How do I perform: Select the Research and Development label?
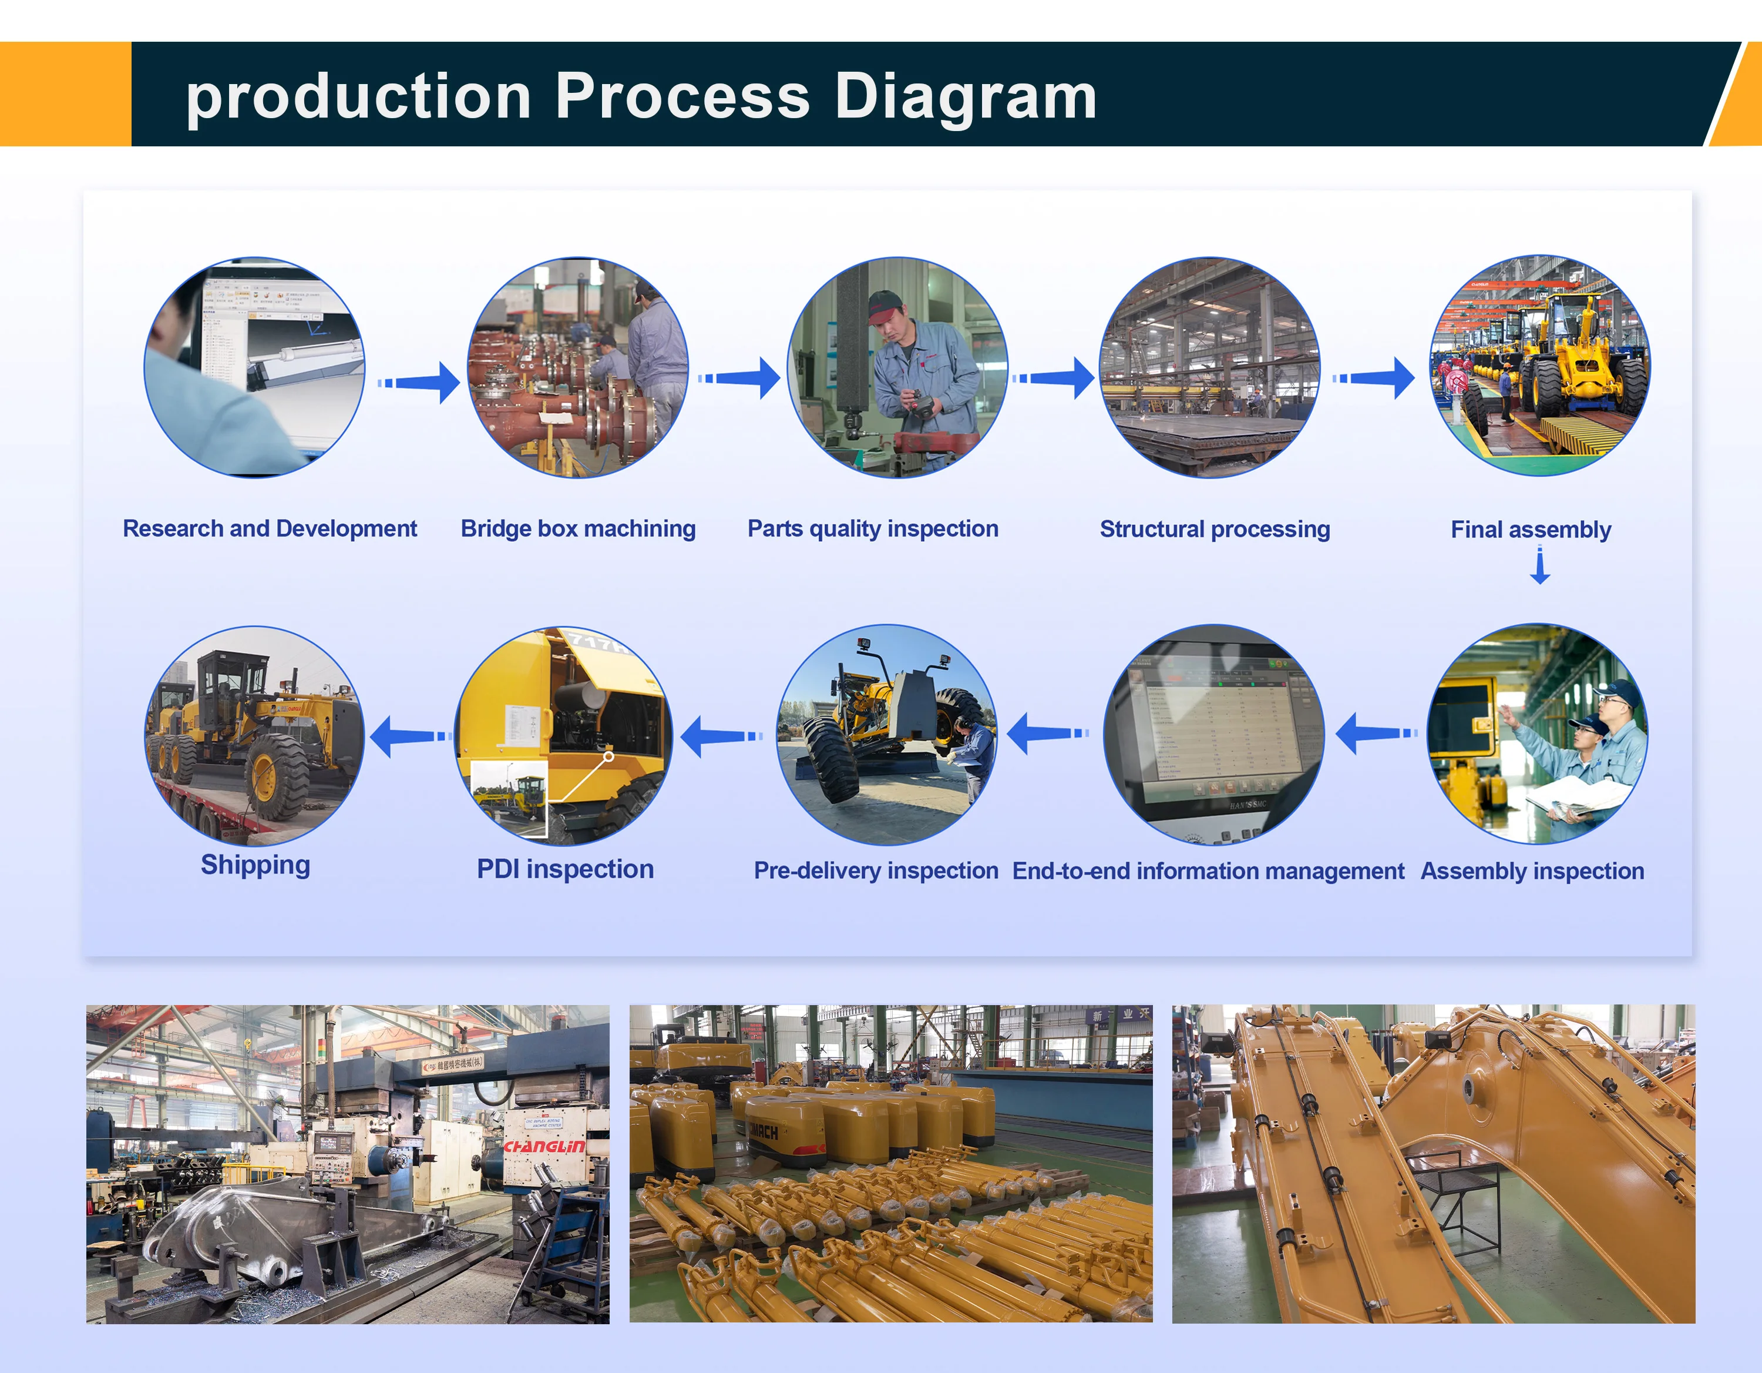pos(270,529)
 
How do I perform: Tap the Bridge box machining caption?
pos(578,529)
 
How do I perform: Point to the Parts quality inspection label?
pos(872,529)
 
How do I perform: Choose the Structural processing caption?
pos(1214,530)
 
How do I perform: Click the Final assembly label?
pos(1531,530)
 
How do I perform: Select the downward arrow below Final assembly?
pos(1539,565)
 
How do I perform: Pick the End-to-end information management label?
pos(1208,871)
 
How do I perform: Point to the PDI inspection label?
pos(565,869)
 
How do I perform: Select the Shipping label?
pos(255,865)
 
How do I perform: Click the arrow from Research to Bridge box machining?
pos(419,382)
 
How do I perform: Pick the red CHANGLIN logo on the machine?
pos(544,1146)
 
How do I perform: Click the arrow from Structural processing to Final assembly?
pos(1374,378)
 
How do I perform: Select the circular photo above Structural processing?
pos(1209,367)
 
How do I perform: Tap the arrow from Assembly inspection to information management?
pos(1376,733)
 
